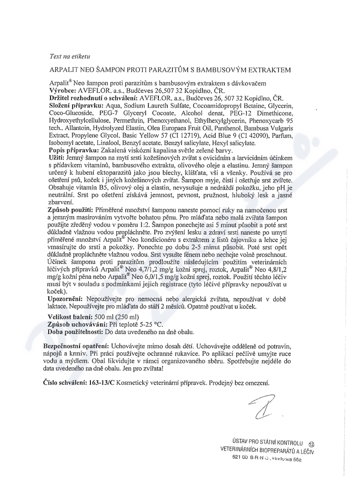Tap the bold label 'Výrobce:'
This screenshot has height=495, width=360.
click(x=63, y=90)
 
